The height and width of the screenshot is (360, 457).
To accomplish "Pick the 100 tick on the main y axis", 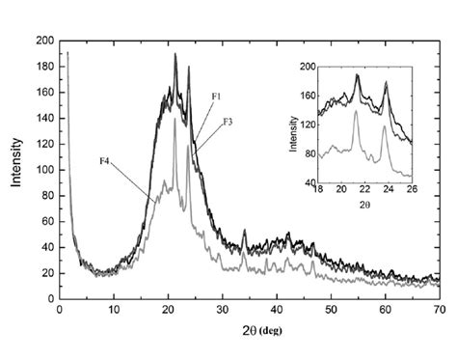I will tap(44, 171).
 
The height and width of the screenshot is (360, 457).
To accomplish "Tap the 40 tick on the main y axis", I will tap(47, 248).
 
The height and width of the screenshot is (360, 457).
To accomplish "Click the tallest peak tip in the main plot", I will tap(175, 54).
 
